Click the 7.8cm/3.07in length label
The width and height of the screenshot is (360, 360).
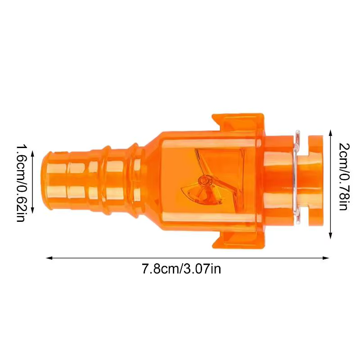[x=181, y=269]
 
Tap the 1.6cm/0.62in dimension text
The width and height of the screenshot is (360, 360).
[x=20, y=183]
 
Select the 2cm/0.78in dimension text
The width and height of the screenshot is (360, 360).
[x=344, y=176]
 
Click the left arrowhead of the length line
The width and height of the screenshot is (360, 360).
[x=49, y=258]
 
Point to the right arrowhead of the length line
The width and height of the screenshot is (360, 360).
[x=326, y=258]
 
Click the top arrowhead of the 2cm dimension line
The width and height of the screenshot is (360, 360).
[x=330, y=133]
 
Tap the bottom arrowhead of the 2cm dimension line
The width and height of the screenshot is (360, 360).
[x=330, y=236]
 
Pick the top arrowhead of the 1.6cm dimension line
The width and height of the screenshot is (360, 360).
[x=32, y=154]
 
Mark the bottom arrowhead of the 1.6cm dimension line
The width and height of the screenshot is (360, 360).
[x=32, y=210]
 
